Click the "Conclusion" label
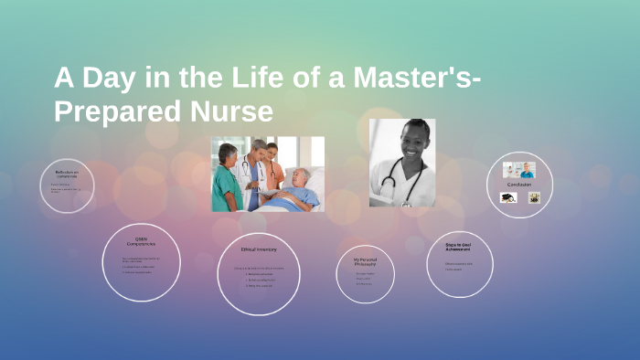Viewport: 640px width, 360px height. pos(519,184)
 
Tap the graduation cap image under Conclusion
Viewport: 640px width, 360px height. pos(508,197)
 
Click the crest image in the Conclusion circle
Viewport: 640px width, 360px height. pos(534,197)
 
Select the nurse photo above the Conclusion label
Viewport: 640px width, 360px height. pos(519,170)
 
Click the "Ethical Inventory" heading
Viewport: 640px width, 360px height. pos(259,249)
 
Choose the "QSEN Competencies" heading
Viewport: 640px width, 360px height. pos(141,241)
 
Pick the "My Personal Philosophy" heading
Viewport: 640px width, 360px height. pos(365,261)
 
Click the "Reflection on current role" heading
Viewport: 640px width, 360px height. pos(67,174)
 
